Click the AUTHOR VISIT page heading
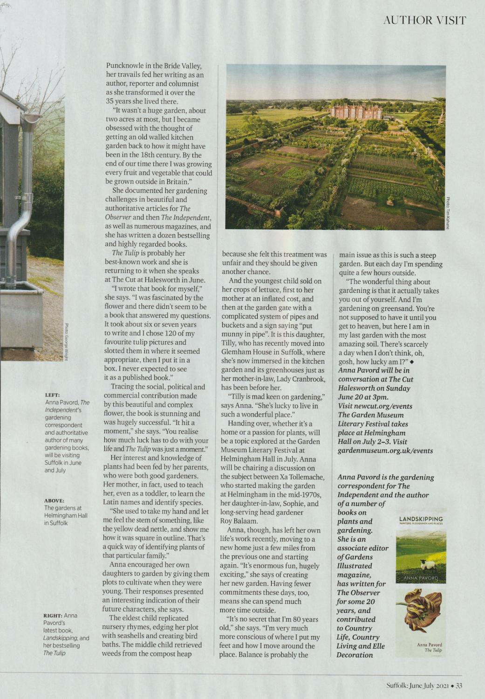pyautogui.click(x=424, y=20)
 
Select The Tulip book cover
pyautogui.click(x=421, y=623)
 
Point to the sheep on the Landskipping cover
pyautogui.click(x=427, y=565)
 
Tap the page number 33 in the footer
pyautogui.click(x=459, y=685)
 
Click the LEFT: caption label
pyautogui.click(x=52, y=395)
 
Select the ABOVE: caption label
pyautogui.click(x=55, y=500)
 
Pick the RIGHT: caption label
pyautogui.click(x=52, y=616)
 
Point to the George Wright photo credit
pyautogui.click(x=67, y=342)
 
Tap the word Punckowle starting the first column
pyautogui.click(x=125, y=66)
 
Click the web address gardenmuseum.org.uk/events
pyautogui.click(x=385, y=451)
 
